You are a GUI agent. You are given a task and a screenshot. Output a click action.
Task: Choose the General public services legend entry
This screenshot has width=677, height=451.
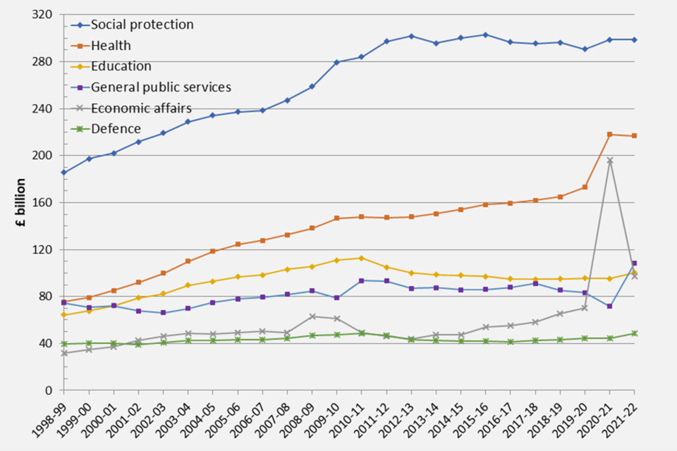[x=160, y=87]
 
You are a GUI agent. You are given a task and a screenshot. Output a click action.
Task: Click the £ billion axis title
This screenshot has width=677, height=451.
[x=21, y=202]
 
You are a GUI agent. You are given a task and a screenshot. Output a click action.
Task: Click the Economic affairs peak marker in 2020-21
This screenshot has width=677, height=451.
[x=610, y=161]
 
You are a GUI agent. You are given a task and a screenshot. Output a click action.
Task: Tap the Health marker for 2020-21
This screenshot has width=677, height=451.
[x=610, y=135]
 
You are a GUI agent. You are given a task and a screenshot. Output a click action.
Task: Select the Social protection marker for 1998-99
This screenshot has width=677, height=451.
[x=64, y=173]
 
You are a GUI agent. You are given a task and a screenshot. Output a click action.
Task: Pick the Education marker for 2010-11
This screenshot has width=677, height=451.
[x=362, y=258]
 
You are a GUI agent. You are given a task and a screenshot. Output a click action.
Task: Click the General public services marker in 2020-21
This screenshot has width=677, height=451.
[x=610, y=307]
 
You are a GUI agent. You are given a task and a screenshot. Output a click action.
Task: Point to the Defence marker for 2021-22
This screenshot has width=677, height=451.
[x=635, y=333]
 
